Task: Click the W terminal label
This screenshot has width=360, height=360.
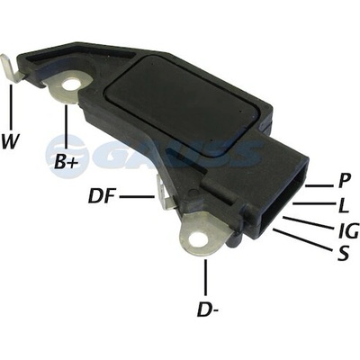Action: click(x=10, y=141)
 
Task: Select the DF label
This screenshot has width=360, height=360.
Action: click(x=102, y=196)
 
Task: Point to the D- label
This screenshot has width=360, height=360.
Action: click(x=207, y=310)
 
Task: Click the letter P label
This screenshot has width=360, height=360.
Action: click(x=344, y=181)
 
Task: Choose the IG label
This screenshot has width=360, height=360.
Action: click(x=347, y=230)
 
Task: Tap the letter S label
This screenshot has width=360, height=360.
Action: click(x=343, y=254)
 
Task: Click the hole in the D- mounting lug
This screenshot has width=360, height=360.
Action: click(x=197, y=238)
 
